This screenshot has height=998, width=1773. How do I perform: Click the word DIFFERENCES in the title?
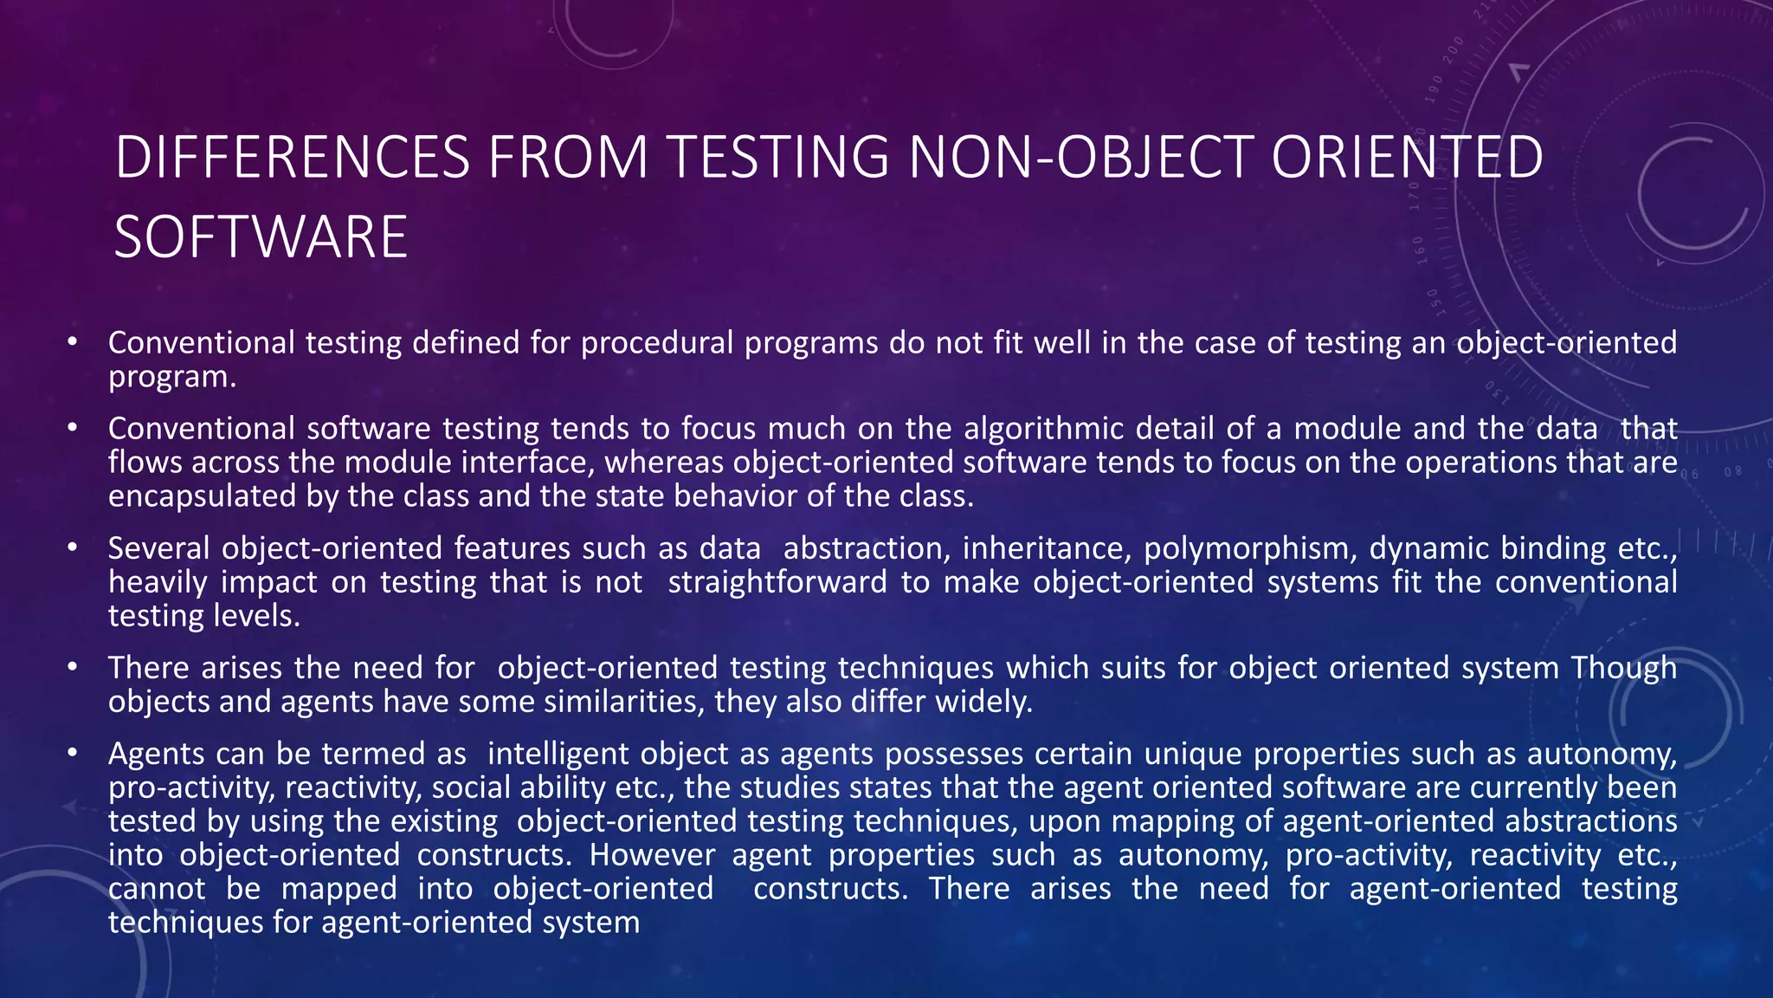click(293, 158)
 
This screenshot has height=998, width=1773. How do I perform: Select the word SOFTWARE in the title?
click(261, 237)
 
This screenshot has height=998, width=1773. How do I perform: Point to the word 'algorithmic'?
click(1043, 429)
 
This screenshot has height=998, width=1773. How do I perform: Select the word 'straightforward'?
click(777, 582)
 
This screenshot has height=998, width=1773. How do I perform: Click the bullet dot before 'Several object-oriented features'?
click(73, 548)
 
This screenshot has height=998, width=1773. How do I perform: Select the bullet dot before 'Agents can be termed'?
click(73, 754)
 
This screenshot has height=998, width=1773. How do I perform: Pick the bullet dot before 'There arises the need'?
click(73, 668)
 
